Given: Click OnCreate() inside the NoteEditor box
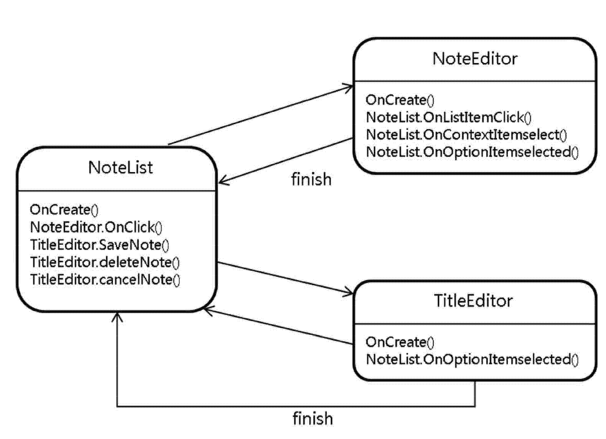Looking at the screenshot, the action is coord(400,100).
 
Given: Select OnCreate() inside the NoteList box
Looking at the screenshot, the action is coord(64,210).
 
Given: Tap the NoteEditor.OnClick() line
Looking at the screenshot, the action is coord(96,227).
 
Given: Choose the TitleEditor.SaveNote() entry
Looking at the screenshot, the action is coord(100,245).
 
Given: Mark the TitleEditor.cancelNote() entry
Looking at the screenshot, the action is coord(105,280).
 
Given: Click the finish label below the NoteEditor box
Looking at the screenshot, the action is coord(311,179).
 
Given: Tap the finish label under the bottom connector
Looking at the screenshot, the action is coord(313,419).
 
